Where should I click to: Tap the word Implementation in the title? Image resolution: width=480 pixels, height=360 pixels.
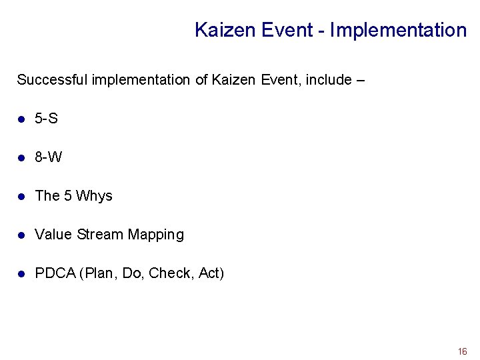[398, 30]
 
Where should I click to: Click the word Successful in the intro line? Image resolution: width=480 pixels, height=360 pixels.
[52, 80]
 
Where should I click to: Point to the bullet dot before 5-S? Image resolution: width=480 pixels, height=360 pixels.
[21, 119]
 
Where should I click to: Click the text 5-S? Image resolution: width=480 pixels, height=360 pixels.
[46, 119]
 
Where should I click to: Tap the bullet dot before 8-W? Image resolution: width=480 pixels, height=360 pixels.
[21, 158]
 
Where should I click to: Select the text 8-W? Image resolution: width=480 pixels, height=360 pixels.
[48, 157]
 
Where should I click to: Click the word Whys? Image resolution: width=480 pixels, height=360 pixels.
[94, 196]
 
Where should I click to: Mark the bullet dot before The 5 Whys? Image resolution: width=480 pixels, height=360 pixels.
[21, 197]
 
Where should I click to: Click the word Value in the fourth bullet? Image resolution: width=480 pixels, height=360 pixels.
[53, 235]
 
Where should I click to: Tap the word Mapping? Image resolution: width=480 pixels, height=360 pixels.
[155, 235]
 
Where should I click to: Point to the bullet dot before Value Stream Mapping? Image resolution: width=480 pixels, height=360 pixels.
[21, 235]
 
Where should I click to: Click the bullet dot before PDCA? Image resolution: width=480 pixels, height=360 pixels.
[21, 274]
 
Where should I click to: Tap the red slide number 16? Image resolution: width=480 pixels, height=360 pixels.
[462, 351]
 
